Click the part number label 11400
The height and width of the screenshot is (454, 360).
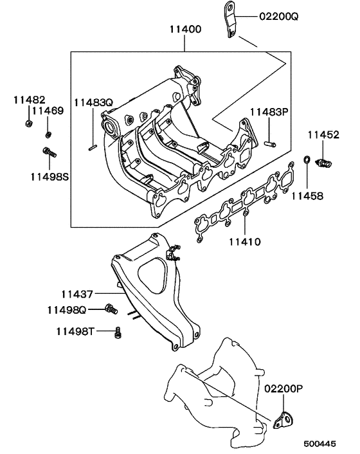[184, 30]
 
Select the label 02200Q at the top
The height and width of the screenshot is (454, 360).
[280, 17]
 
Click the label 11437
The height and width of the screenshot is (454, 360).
[77, 294]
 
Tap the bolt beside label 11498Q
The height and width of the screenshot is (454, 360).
[111, 309]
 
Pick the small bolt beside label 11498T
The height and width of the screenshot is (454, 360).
[118, 332]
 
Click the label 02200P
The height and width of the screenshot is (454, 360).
[283, 388]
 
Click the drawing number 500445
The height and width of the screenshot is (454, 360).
[320, 444]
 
